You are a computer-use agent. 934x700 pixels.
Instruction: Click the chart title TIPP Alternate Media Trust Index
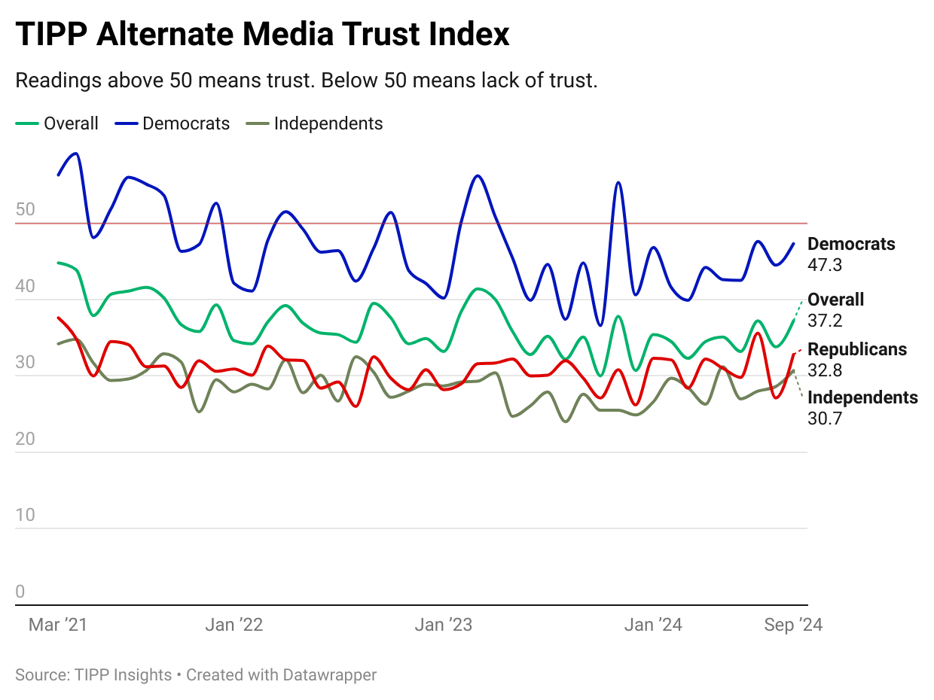tap(262, 35)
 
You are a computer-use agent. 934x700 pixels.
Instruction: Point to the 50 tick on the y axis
tap(25, 209)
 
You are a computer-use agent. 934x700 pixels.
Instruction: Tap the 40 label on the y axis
tap(25, 286)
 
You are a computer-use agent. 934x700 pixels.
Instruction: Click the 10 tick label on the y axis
tap(25, 515)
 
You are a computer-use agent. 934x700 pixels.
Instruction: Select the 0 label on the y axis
tap(20, 592)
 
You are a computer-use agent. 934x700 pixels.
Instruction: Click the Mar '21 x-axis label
tap(57, 625)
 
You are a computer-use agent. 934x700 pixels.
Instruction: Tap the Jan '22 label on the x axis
tap(234, 625)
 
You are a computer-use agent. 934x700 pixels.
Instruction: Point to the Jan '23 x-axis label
tap(444, 625)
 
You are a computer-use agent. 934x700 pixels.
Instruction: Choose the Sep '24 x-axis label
tap(792, 625)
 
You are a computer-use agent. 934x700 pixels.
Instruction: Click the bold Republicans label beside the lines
tap(857, 349)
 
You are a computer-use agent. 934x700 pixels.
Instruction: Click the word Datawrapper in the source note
tap(329, 674)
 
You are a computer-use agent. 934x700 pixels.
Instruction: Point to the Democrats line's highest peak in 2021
tap(75, 154)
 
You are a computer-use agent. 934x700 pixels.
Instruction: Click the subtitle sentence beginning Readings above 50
tap(306, 81)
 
